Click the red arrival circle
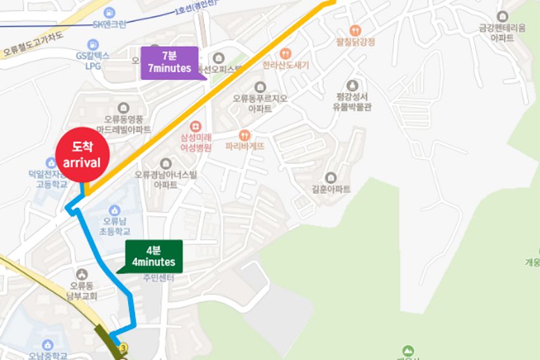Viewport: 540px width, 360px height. [82, 155]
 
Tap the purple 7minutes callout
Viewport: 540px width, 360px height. [169, 63]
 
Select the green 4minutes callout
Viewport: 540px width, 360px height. [153, 256]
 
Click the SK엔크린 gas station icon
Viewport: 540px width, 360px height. [110, 13]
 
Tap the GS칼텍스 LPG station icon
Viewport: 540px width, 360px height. [94, 44]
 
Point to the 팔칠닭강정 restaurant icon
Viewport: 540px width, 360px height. [356, 30]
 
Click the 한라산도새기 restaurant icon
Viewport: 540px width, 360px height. [285, 54]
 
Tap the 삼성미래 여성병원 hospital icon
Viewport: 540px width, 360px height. [195, 126]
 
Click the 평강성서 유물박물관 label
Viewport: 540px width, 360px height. [352, 102]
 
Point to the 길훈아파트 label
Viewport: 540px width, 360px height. [330, 190]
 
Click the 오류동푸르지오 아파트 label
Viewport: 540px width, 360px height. [260, 103]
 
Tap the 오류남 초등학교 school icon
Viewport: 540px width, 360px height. [114, 210]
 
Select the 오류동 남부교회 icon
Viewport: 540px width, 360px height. [82, 274]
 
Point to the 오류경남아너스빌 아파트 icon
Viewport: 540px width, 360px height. [166, 164]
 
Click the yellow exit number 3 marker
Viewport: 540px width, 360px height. [123, 347]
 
